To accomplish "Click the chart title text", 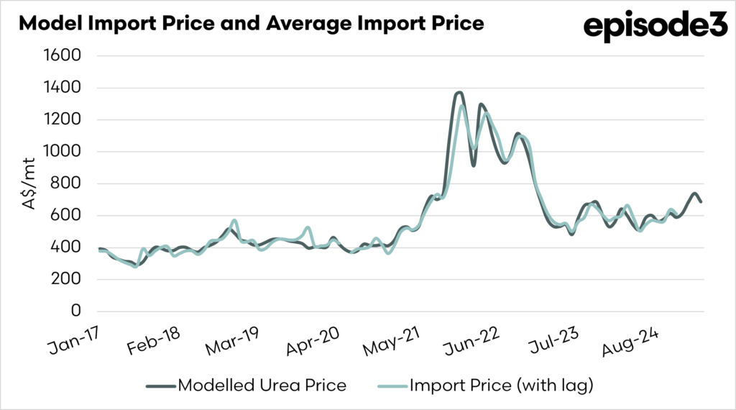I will click(251, 23).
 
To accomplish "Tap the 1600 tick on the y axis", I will click(63, 56).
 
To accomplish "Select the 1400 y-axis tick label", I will click(63, 88).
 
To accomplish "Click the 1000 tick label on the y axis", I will click(63, 152).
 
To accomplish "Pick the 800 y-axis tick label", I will click(67, 183).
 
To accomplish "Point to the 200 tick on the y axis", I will click(67, 279).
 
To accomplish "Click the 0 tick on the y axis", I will click(75, 311).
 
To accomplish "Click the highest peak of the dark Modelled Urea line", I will click(459, 93).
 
